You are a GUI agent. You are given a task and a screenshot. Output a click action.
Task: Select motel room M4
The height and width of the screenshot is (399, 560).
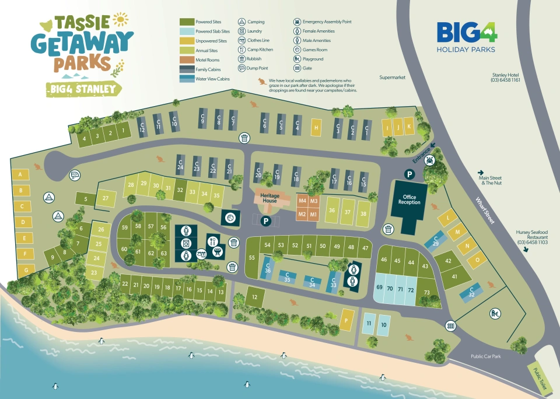[x=302, y=201]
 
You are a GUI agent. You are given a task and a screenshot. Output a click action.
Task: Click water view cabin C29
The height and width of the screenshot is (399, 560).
[x=435, y=242]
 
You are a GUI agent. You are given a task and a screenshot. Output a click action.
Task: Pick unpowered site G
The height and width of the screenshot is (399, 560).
[x=26, y=270]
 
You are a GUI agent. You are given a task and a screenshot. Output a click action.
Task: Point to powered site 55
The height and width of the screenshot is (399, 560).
[x=252, y=257]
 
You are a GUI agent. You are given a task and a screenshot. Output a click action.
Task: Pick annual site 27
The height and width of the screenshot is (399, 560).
[x=106, y=198]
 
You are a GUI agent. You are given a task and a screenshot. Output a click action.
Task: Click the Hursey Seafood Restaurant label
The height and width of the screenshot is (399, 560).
[x=531, y=237]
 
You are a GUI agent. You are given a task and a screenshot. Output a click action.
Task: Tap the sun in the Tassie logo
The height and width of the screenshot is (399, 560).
[x=120, y=19]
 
